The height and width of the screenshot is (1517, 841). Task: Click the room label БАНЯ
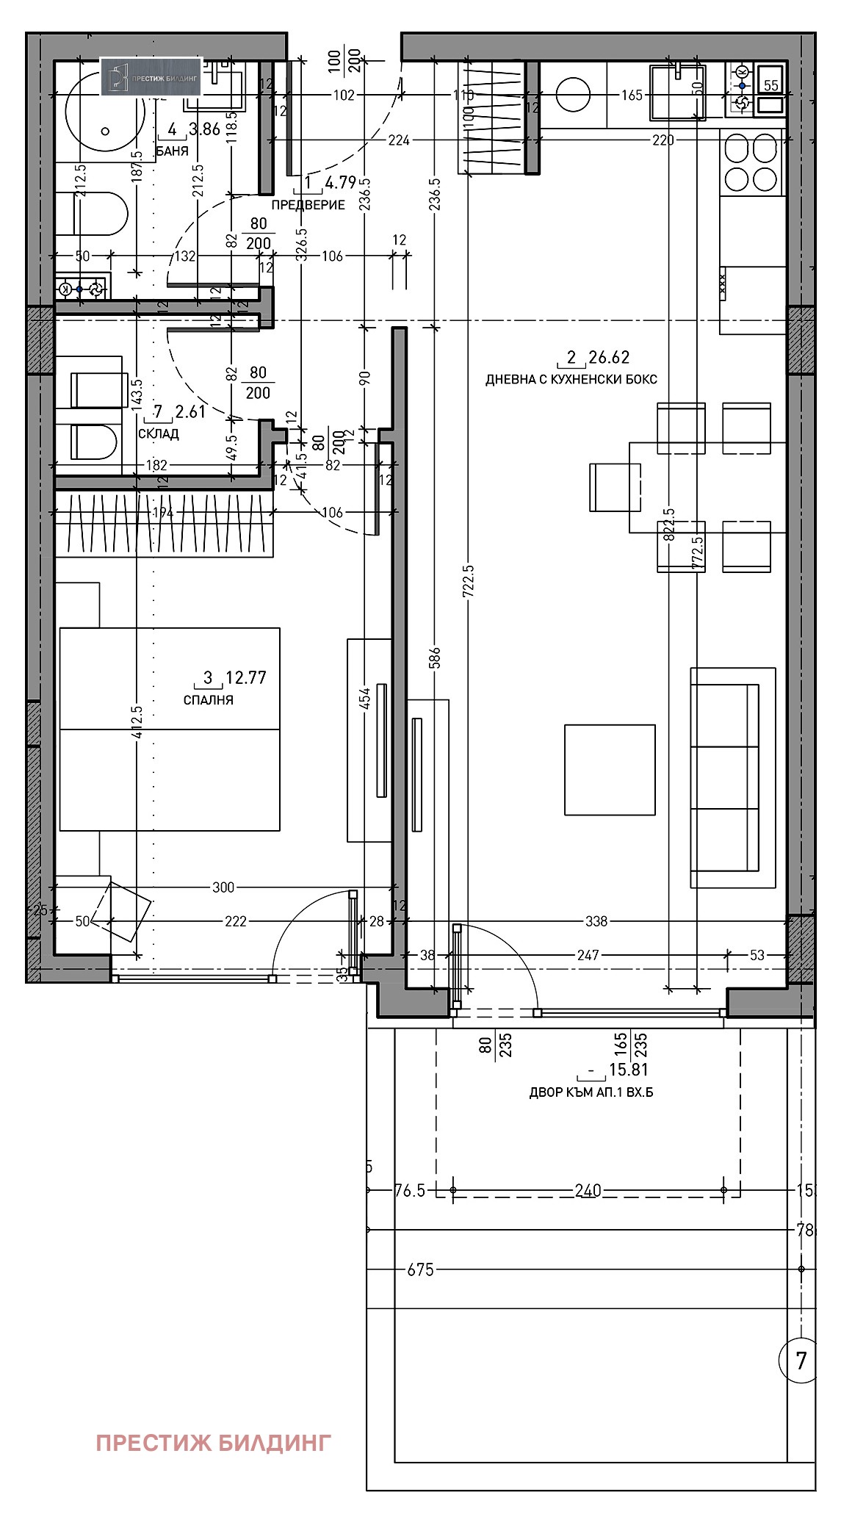pyautogui.click(x=172, y=151)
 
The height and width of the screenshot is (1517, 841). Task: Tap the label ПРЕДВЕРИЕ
pyautogui.click(x=308, y=205)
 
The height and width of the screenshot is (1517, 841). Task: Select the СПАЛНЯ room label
pyautogui.click(x=208, y=700)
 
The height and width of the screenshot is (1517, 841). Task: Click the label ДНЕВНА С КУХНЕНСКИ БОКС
pyautogui.click(x=571, y=380)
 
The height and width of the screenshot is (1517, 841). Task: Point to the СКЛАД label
pyautogui.click(x=158, y=434)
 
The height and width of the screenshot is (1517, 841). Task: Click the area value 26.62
pyautogui.click(x=609, y=358)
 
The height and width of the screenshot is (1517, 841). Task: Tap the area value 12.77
pyautogui.click(x=245, y=677)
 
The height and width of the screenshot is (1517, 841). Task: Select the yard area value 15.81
pyautogui.click(x=628, y=1070)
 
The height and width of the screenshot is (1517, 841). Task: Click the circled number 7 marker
pyautogui.click(x=801, y=1361)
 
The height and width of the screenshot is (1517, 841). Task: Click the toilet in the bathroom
pyautogui.click(x=101, y=214)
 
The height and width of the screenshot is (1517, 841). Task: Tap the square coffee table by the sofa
pyautogui.click(x=610, y=769)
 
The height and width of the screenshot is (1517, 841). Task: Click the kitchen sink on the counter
pyautogui.click(x=677, y=93)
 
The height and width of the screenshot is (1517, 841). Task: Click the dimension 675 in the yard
pyautogui.click(x=420, y=1269)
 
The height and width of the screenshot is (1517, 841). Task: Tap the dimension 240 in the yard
pyautogui.click(x=588, y=1190)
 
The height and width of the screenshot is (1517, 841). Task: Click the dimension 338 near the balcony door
pyautogui.click(x=596, y=921)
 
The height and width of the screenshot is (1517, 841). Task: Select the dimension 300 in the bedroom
pyautogui.click(x=223, y=887)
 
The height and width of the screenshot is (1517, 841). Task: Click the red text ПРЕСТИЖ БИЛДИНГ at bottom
pyautogui.click(x=213, y=1443)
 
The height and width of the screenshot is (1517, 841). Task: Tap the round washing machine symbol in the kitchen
pyautogui.click(x=573, y=96)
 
